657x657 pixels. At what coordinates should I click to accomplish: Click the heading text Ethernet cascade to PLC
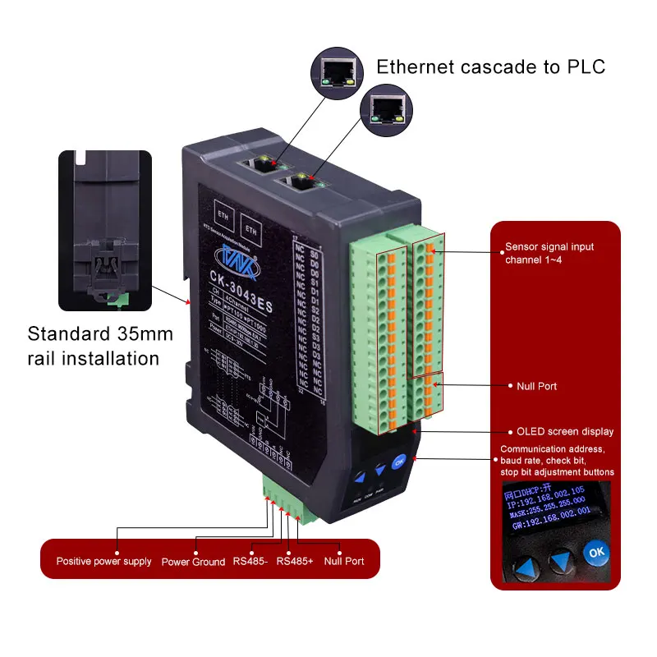click(x=490, y=67)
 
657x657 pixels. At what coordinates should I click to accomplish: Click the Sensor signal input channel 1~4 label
click(x=549, y=253)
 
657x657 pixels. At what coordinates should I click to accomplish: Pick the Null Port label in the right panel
click(x=536, y=385)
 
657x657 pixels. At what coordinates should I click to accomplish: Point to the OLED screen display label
click(x=564, y=431)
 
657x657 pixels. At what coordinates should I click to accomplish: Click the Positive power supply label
click(x=103, y=562)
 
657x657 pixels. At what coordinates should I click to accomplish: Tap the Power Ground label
click(x=193, y=562)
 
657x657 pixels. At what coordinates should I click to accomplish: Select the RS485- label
click(x=249, y=562)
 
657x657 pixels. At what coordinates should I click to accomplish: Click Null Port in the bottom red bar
click(x=344, y=562)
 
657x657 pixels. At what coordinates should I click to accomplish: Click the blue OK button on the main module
click(x=399, y=462)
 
